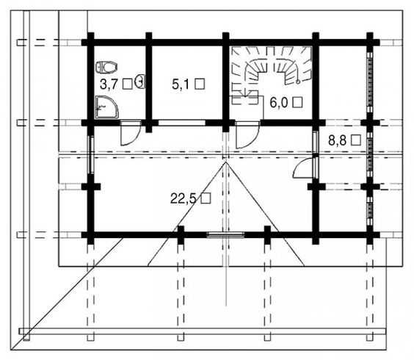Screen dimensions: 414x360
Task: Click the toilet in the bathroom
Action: (x=106, y=67)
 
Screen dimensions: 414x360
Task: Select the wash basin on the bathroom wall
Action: (x=140, y=81)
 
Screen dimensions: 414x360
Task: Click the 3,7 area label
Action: (x=107, y=84)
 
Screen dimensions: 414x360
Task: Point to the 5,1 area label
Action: (x=180, y=84)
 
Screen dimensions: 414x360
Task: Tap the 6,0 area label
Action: (x=278, y=103)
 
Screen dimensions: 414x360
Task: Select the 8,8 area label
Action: (x=337, y=140)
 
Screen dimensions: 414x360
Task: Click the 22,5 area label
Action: (x=184, y=199)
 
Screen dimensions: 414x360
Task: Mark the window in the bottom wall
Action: (x=225, y=234)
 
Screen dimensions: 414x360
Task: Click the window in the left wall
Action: (x=91, y=154)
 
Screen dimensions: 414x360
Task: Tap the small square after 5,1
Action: (x=200, y=84)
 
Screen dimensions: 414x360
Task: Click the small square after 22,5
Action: (x=206, y=198)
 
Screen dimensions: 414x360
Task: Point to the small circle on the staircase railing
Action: (x=298, y=82)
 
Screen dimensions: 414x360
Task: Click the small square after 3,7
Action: (x=127, y=84)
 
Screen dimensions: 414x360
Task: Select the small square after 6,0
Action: (x=298, y=102)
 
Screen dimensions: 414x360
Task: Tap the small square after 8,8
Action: (x=356, y=140)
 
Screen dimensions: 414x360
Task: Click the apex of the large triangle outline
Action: (x=226, y=162)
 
